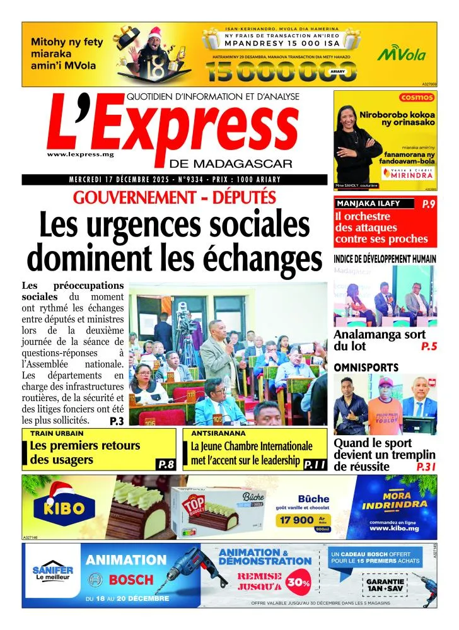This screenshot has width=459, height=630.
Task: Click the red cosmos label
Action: point(417,97)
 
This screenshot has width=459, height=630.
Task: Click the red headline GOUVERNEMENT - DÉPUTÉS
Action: point(175,197)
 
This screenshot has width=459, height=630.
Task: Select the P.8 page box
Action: point(165,465)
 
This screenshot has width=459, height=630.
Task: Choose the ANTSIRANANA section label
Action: point(212,434)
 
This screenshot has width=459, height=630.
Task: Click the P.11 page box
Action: point(314,465)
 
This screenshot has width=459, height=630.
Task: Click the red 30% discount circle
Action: point(298,581)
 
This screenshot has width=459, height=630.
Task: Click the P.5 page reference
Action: point(429,346)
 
